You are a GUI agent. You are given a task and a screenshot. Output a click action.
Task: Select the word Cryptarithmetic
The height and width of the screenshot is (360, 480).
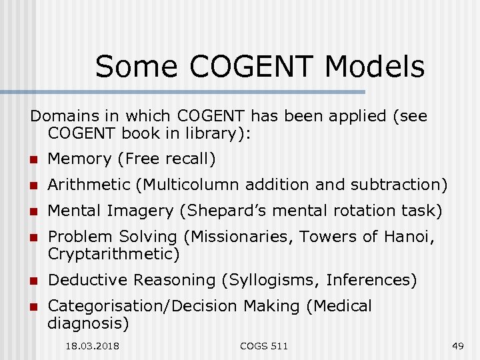113,254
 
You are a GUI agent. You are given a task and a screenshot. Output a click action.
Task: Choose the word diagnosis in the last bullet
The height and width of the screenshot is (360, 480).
88,323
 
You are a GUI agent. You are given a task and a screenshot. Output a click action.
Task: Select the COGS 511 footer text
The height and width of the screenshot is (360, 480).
264,346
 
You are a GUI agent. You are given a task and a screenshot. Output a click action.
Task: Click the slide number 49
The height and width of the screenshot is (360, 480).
457,346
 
